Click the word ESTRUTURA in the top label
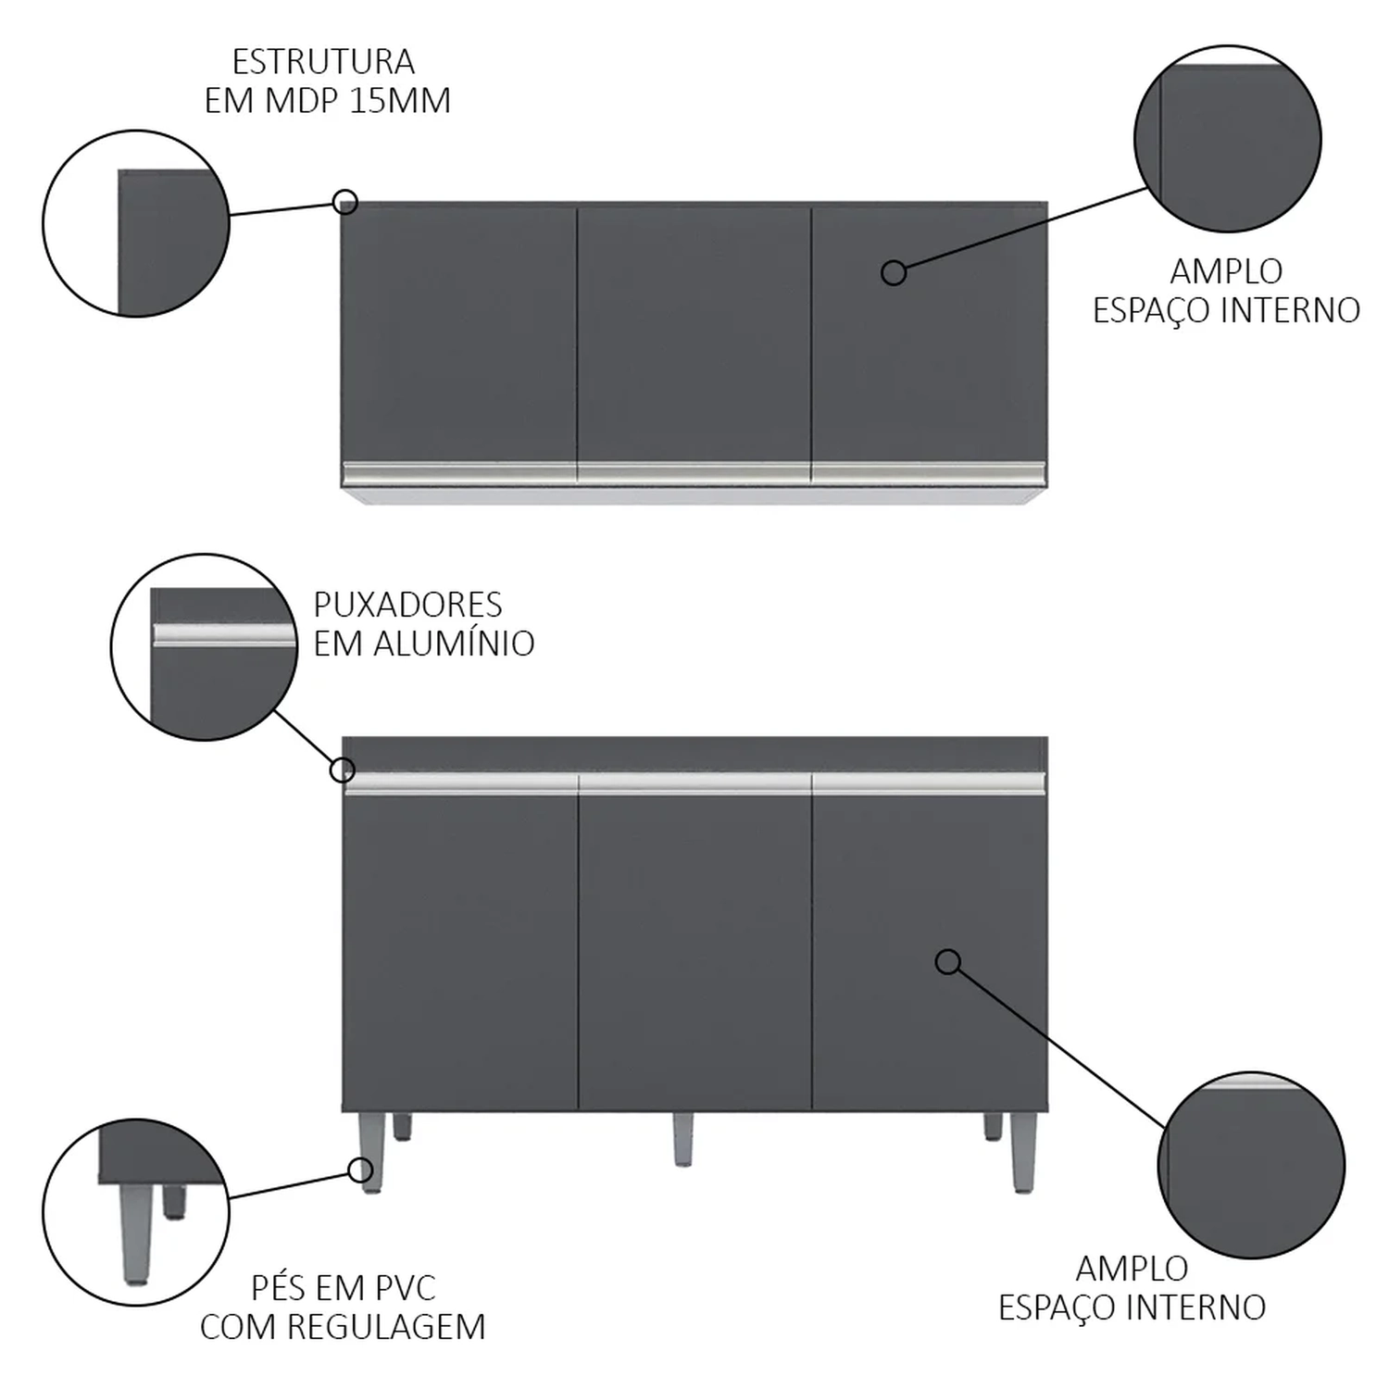(x=323, y=62)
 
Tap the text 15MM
(x=401, y=100)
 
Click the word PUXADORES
(x=407, y=605)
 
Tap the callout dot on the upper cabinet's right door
(x=894, y=272)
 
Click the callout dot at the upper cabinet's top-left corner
(x=345, y=201)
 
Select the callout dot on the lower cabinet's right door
(x=947, y=962)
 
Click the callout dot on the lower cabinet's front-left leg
(x=360, y=1170)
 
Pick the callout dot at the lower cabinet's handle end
(x=343, y=770)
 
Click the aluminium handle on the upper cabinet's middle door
(x=694, y=473)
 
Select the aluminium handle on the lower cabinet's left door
(x=460, y=784)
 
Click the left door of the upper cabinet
(x=460, y=334)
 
